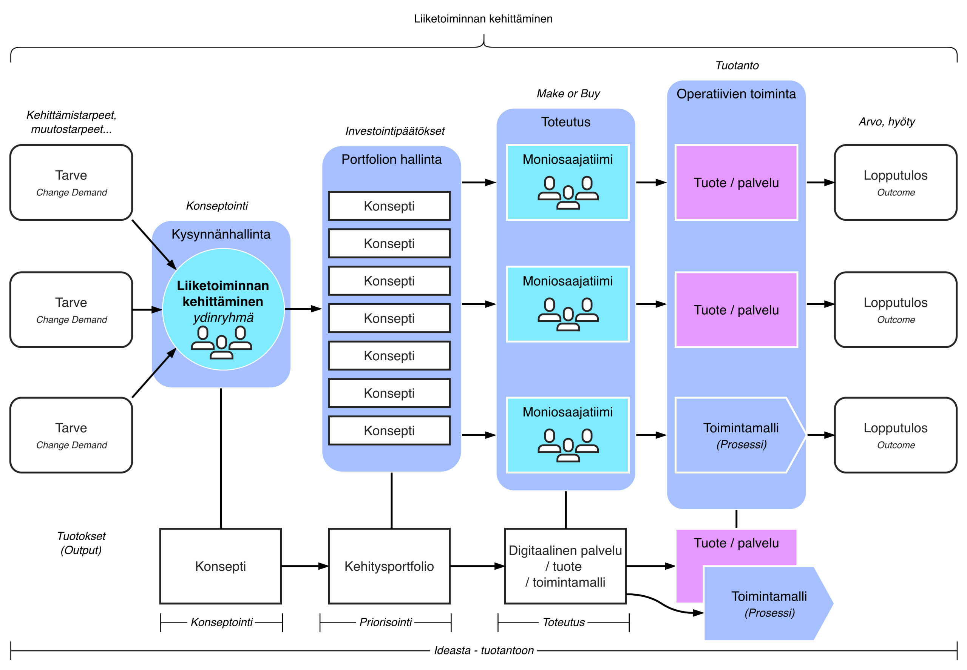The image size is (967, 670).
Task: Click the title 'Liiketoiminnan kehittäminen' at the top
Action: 483,19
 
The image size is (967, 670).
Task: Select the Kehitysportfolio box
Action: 389,566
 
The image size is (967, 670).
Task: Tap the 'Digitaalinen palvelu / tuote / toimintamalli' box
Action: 565,566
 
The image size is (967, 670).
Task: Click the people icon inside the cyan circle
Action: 221,342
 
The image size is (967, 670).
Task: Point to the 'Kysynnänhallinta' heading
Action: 221,234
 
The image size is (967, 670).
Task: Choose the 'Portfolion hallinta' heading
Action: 391,159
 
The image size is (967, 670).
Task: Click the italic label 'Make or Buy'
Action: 568,94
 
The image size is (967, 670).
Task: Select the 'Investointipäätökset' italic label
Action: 395,131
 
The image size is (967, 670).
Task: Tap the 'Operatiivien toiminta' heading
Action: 736,94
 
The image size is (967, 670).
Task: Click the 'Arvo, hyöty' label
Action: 887,122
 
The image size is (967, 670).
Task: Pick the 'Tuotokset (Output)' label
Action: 81,543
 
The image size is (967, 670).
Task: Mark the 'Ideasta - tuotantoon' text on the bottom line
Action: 484,650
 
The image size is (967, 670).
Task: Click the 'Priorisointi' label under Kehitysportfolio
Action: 385,622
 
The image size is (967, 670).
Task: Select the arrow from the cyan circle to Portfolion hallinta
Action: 303,309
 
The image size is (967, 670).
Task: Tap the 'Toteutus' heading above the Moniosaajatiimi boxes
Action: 566,122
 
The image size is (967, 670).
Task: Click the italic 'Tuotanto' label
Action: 737,66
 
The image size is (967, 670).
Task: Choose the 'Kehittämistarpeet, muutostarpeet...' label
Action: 71,122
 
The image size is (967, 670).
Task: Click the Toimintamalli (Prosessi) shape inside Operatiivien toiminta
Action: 740,435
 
